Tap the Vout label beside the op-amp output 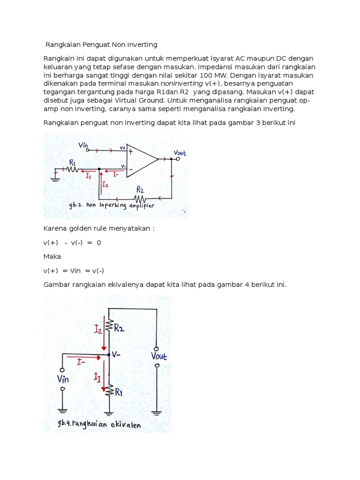pos(180,153)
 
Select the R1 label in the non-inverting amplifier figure pos(73,162)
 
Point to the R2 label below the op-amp pos(140,189)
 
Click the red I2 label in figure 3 pos(105,185)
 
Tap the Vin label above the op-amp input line pos(83,145)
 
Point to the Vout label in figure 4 pos(158,356)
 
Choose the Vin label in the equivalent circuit pos(63,378)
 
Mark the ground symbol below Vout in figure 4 pos(157,412)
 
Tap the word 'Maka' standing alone pos(52,257)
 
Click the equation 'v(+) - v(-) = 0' pos(72,243)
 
